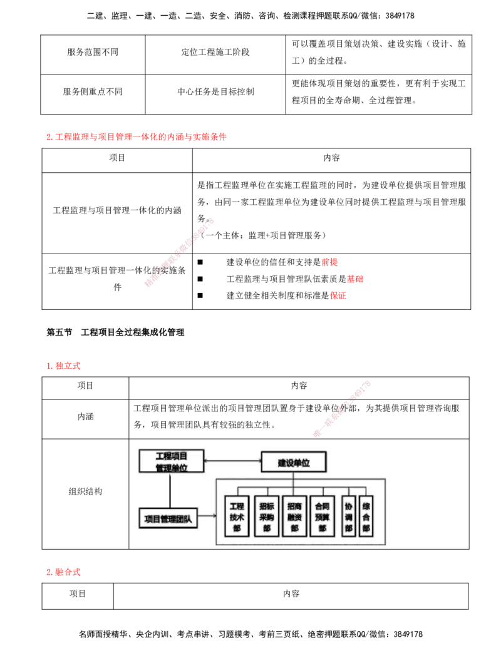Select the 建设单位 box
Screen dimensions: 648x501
click(294, 463)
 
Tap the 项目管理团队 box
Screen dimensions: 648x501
click(168, 518)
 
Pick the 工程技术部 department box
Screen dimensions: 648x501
click(237, 517)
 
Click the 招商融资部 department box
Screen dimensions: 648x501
click(294, 517)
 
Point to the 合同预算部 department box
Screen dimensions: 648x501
click(323, 517)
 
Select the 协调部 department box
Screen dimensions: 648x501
click(349, 517)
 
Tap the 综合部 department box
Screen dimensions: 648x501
click(366, 517)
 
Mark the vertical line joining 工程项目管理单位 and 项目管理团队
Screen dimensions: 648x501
click(169, 491)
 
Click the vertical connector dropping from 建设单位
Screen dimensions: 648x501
click(293, 479)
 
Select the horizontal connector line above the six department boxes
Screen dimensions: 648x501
click(301, 486)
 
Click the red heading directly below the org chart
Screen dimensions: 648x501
click(65, 572)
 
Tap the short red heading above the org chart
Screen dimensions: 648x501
click(65, 366)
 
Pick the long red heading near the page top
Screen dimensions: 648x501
click(135, 136)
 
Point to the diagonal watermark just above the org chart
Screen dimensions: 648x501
click(341, 408)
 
